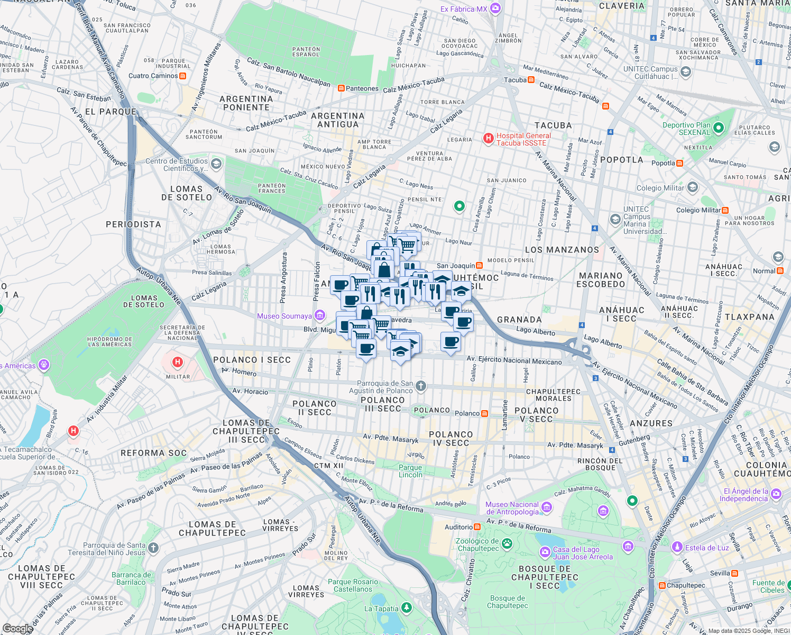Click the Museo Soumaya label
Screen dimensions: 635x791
[284, 316]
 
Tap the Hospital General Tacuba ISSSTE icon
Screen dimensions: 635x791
[489, 139]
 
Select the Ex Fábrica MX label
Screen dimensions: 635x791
[464, 9]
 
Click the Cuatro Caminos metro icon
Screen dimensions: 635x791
[183, 76]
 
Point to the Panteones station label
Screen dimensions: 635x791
[362, 88]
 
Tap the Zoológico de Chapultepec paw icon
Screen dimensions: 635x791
[507, 543]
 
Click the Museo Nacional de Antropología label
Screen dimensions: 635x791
[512, 508]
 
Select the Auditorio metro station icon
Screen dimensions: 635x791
[477, 527]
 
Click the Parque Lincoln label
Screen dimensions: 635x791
[410, 471]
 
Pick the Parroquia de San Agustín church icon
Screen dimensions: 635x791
[421, 386]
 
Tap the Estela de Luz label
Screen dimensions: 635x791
[707, 548]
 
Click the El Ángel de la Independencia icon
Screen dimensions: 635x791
[776, 494]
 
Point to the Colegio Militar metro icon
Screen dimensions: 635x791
[725, 210]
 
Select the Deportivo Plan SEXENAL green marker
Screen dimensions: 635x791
[718, 128]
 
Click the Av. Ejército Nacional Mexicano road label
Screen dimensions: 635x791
[514, 360]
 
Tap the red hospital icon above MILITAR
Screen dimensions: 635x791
[178, 362]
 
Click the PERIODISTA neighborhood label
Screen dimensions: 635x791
[133, 224]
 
